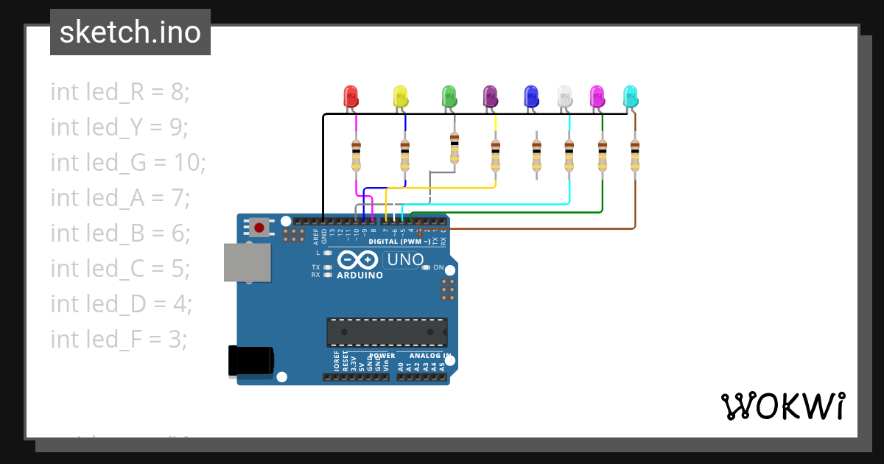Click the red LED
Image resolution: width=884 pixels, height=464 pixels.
coord(351,96)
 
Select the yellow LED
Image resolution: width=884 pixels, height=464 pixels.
coord(400,96)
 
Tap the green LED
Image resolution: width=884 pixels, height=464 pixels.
coord(449,96)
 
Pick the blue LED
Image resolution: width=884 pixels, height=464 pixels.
coord(530,96)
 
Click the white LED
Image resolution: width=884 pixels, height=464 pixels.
coord(564,96)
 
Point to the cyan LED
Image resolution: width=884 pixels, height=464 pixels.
coord(631,96)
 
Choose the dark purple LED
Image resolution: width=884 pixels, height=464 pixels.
coord(490,96)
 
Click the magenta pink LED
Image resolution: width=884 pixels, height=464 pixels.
coord(597,96)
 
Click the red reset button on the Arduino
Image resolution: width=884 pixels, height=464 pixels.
coord(259,227)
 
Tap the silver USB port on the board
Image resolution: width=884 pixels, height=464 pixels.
coord(248,263)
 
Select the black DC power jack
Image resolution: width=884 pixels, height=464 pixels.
coord(251,361)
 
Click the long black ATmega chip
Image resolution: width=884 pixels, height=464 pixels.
coord(387,332)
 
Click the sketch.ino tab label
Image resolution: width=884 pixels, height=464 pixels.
coord(130,32)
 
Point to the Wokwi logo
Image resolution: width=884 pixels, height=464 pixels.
coord(782,406)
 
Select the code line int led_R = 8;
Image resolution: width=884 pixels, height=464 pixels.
coord(120,92)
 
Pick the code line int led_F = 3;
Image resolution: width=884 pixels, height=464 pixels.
coord(119,339)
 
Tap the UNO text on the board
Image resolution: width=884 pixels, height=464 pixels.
coord(404,259)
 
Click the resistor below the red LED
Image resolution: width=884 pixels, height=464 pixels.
coord(357,155)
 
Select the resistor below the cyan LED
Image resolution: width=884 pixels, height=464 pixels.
coord(635,155)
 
